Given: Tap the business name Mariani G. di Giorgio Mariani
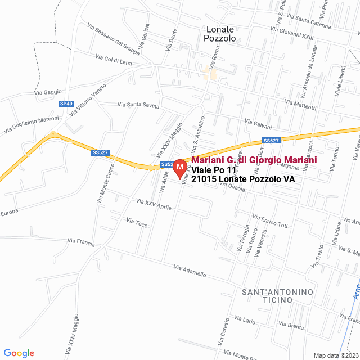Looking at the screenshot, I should [254, 160].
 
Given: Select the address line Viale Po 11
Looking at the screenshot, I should [214, 170].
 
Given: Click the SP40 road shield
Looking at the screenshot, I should [66, 103].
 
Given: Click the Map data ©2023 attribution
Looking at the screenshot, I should [335, 355].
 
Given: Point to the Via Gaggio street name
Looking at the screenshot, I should [47, 92].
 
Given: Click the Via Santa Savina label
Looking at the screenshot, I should [138, 105].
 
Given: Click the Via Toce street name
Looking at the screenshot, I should [137, 223].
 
